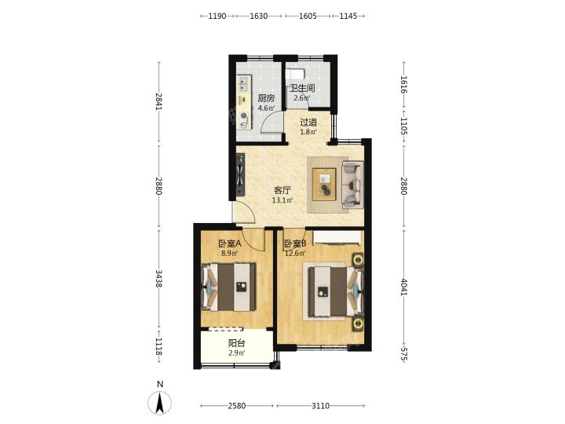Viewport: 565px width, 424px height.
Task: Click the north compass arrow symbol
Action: click(160, 402)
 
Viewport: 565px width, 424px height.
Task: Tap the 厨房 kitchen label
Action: click(266, 98)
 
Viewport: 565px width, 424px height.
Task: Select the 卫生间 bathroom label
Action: click(303, 88)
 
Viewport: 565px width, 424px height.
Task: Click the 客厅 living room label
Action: click(282, 190)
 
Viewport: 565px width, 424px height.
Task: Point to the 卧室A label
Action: click(230, 243)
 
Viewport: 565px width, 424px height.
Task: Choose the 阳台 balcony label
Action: click(237, 344)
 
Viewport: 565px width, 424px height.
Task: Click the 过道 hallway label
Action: click(308, 122)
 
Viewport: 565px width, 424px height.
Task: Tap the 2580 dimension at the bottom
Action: click(237, 406)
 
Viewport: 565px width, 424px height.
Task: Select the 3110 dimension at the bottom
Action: click(320, 406)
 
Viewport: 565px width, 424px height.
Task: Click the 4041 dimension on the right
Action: click(404, 287)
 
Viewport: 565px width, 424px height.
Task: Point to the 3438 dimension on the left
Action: click(159, 279)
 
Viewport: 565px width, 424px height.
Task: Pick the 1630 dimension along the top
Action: click(259, 16)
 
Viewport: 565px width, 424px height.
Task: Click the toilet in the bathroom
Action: click(295, 74)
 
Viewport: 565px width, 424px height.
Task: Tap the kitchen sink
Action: click(244, 84)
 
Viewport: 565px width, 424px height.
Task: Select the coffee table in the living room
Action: click(324, 185)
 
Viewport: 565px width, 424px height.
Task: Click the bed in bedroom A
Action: click(228, 287)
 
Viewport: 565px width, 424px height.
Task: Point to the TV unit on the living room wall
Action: click(240, 174)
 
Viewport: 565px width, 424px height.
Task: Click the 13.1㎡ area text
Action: click(282, 200)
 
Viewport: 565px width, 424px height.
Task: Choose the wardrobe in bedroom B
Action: click(337, 238)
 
